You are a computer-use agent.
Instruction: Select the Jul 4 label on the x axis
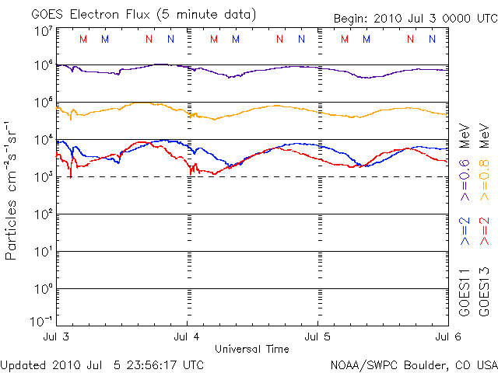tap(188, 336)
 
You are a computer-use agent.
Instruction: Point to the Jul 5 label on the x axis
tap(318, 336)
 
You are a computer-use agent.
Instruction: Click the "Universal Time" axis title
tap(252, 348)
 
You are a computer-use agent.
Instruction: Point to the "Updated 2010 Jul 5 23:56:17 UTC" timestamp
tap(103, 364)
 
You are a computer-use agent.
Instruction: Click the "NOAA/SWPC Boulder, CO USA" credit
tap(413, 364)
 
